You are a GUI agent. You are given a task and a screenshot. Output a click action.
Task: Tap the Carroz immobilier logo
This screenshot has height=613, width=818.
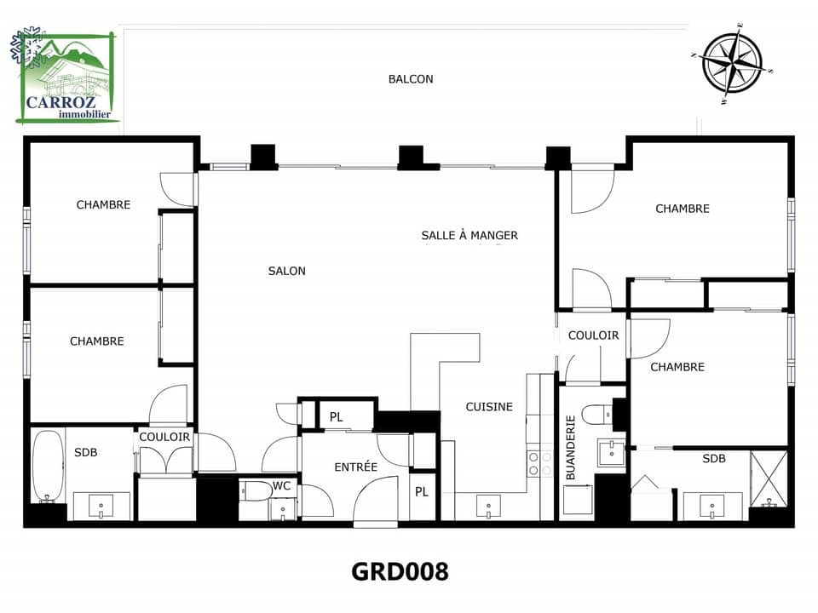66,77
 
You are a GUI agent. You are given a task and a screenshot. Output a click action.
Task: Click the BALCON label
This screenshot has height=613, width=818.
411,79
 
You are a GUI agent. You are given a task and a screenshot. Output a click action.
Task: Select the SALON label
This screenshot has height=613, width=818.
286,271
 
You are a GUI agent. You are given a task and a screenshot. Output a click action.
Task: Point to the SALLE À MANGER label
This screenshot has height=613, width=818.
469,235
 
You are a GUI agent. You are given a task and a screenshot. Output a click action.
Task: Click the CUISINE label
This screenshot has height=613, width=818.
489,407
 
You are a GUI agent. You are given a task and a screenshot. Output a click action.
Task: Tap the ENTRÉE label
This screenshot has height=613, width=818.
355,467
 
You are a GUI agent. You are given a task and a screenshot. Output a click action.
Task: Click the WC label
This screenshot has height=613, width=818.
282,486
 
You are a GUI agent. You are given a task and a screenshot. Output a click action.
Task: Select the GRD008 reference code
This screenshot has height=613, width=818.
400,571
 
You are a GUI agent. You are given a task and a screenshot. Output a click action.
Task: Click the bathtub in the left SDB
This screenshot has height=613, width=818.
48,467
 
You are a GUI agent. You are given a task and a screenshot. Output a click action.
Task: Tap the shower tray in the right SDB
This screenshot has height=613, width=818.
769,478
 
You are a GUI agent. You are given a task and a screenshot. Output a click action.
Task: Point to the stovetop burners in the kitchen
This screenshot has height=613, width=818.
539,463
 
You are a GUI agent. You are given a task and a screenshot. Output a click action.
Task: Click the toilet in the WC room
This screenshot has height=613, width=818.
255,490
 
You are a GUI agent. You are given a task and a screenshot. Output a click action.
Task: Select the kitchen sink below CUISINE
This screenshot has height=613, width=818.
488,506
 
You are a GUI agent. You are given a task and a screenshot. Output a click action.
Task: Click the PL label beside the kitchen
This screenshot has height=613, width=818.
420,492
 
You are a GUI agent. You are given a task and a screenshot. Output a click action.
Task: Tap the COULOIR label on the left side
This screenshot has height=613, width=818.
164,437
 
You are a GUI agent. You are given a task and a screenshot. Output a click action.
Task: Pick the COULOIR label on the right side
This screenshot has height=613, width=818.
593,335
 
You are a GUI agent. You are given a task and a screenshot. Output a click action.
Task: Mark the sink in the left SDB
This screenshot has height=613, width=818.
101,506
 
